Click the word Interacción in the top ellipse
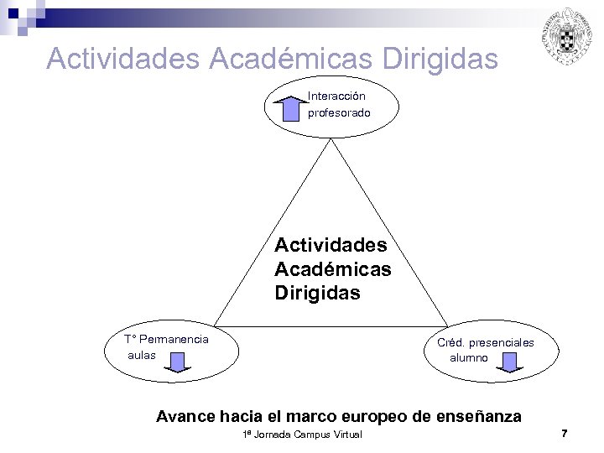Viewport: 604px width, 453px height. point(336,96)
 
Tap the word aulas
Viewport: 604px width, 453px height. point(142,355)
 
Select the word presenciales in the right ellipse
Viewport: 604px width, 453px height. point(502,342)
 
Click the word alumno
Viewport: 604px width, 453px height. point(469,357)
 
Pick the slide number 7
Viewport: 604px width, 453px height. point(565,433)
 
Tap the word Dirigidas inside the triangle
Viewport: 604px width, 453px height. point(317,293)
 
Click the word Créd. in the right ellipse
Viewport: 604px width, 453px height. point(451,342)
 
